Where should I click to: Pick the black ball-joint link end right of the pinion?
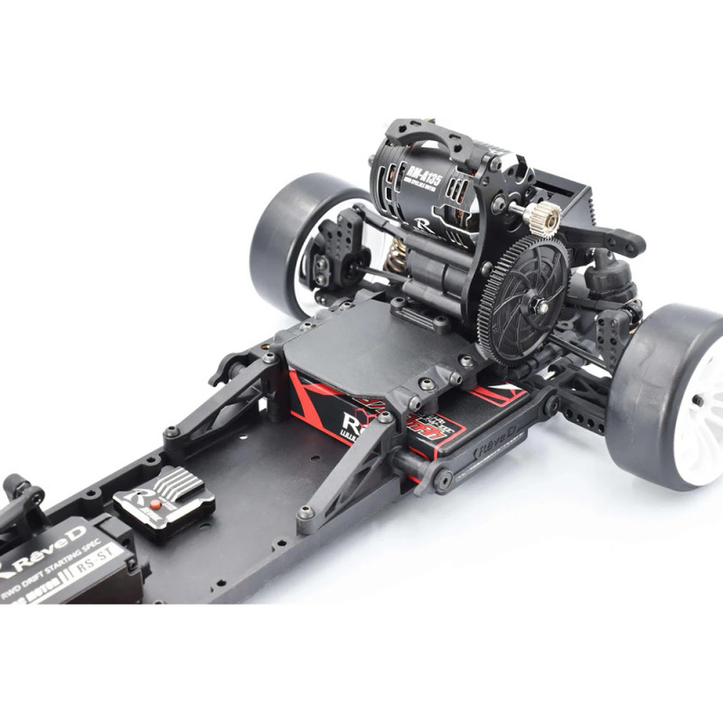(624, 242)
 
